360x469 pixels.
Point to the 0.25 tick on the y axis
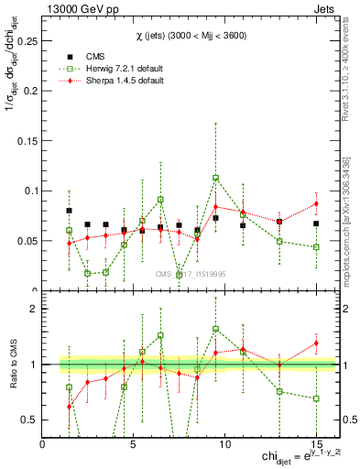(x=29, y=41)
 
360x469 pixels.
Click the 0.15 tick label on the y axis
(x=29, y=141)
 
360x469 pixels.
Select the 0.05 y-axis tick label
(x=29, y=241)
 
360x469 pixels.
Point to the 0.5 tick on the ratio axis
(x=31, y=420)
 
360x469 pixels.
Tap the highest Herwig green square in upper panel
(x=215, y=179)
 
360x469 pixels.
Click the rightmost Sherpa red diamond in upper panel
(x=316, y=203)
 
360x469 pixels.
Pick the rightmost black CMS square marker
(x=316, y=224)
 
